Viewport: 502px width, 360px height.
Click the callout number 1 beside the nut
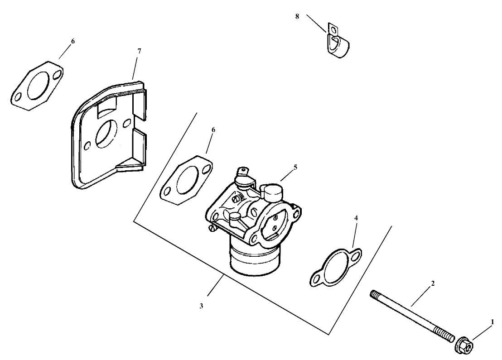pyautogui.click(x=492, y=322)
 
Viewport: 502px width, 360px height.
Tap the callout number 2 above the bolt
pyautogui.click(x=433, y=283)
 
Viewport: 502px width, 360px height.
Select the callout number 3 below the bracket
pyautogui.click(x=202, y=306)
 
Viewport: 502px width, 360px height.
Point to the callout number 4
pyautogui.click(x=356, y=218)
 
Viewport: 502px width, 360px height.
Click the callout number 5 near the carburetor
pyautogui.click(x=295, y=167)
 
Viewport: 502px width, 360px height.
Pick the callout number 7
pyautogui.click(x=139, y=51)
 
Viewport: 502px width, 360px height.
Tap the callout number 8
pyautogui.click(x=297, y=16)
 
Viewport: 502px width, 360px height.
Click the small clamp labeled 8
pyautogui.click(x=339, y=44)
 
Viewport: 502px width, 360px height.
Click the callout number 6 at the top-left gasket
pyautogui.click(x=73, y=41)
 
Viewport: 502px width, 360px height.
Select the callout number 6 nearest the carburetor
pyautogui.click(x=213, y=130)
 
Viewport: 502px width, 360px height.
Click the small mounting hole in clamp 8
pyautogui.click(x=334, y=31)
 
